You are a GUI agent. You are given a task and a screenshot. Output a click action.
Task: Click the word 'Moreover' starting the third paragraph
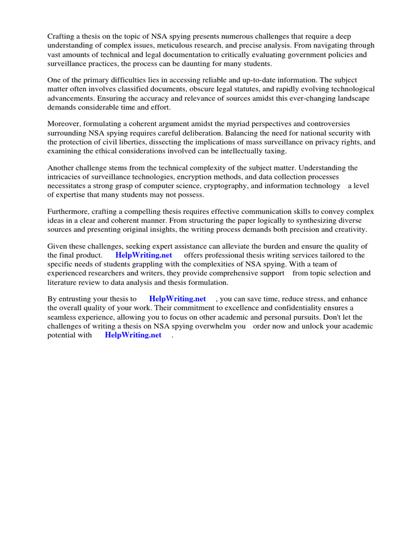(x=65, y=124)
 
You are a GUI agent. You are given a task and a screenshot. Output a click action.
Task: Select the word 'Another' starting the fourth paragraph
(x=62, y=167)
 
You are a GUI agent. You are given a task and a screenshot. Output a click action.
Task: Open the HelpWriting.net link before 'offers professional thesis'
(x=143, y=255)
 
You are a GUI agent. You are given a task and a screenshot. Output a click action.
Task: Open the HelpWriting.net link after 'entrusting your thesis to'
(x=177, y=299)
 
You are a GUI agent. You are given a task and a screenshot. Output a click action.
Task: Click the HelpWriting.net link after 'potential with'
(x=133, y=335)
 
